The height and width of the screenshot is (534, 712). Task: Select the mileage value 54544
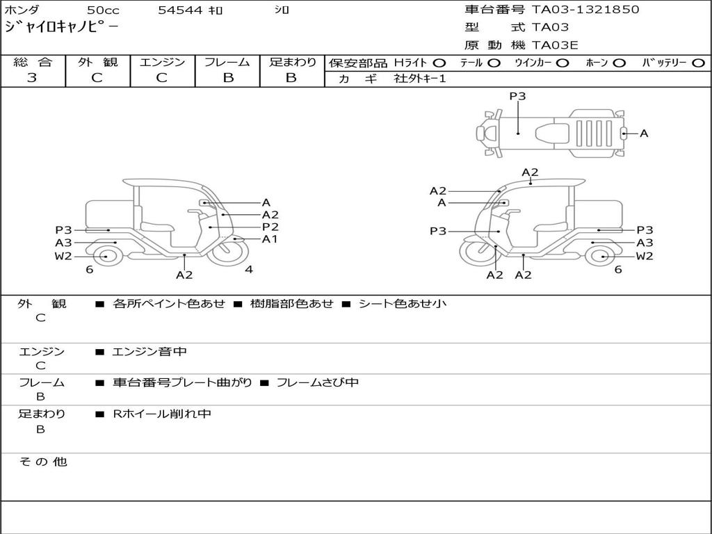[x=180, y=10]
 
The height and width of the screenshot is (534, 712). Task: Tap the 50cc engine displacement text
[x=102, y=10]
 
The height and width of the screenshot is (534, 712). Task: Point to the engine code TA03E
[x=555, y=46]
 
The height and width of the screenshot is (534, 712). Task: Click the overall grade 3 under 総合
[x=32, y=78]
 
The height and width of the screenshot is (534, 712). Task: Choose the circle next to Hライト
[x=439, y=63]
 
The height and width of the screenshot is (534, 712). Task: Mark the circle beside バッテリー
[x=698, y=63]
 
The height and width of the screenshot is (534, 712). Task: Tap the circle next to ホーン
[x=619, y=63]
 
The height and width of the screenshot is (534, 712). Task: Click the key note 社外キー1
[x=420, y=79]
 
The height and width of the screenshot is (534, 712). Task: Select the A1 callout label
[x=270, y=239]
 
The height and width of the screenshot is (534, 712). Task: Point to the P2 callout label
[x=270, y=227]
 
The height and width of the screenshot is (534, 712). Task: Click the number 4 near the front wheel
[x=248, y=270]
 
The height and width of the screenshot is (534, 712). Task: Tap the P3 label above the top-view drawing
[x=517, y=97]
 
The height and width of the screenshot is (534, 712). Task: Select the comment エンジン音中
[x=149, y=352]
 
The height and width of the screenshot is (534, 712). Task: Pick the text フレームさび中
[x=318, y=382]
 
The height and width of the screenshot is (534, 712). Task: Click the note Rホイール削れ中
[x=162, y=414]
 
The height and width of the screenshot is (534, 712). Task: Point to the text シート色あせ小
[x=402, y=304]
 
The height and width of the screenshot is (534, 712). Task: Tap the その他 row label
[x=42, y=462]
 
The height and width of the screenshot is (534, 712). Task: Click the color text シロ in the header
[x=282, y=10]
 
